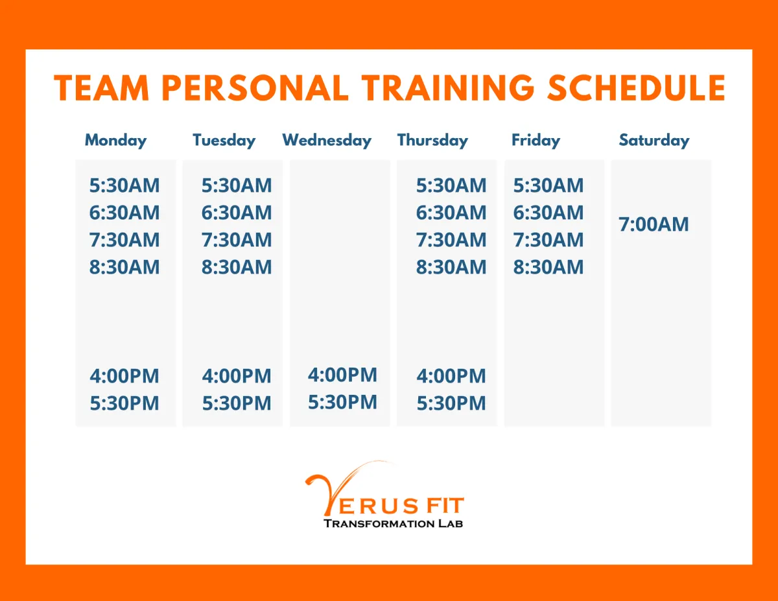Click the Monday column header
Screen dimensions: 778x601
click(x=115, y=140)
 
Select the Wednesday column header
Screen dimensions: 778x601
click(x=327, y=140)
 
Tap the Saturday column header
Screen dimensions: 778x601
click(x=654, y=140)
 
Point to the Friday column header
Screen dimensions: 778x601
click(x=536, y=140)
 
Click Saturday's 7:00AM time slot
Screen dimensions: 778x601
click(x=654, y=224)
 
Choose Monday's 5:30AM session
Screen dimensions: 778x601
click(x=124, y=185)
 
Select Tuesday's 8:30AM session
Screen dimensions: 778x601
click(x=236, y=267)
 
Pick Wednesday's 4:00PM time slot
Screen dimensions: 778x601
click(x=342, y=375)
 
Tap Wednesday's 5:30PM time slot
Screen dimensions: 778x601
click(x=342, y=402)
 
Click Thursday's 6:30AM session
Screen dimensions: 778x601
click(x=451, y=213)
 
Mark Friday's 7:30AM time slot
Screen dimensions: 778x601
click(x=548, y=240)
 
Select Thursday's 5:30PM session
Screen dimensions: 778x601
click(x=451, y=403)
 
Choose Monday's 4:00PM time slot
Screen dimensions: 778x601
click(x=124, y=376)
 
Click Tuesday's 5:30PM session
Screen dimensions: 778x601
click(x=236, y=403)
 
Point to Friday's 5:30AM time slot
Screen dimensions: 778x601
click(x=548, y=185)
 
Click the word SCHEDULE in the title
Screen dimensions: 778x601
click(x=636, y=88)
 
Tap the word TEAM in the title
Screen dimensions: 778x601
click(x=101, y=88)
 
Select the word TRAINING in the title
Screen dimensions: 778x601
click(x=448, y=88)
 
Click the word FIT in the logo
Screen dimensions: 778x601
click(x=445, y=506)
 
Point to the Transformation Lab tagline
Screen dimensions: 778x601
click(x=393, y=524)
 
